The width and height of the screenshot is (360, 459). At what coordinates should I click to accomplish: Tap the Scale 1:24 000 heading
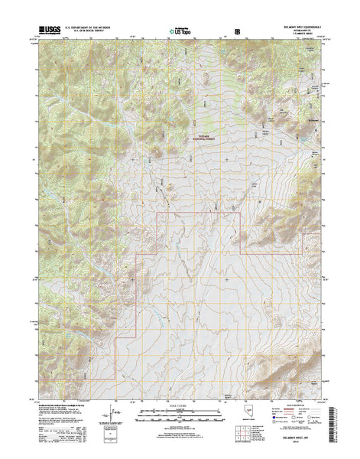click(x=179, y=406)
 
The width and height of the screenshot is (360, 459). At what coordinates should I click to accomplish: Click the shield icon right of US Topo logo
click(x=237, y=33)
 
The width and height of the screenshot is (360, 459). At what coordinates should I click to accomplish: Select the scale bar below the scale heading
click(x=179, y=417)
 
